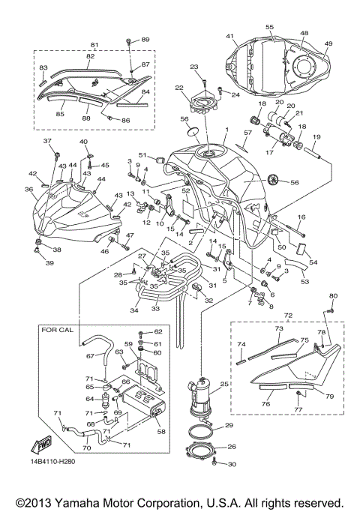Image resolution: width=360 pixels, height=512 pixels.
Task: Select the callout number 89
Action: click(145, 39)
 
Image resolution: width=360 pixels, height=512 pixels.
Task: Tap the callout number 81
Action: click(94, 44)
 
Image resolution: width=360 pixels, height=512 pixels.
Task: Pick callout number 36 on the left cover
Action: click(28, 190)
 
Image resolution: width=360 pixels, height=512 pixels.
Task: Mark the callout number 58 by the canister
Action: click(162, 433)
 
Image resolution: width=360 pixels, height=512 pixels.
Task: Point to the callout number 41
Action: click(230, 36)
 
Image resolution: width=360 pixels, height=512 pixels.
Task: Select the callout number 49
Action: click(327, 43)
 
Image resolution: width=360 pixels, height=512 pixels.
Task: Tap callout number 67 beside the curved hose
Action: click(90, 356)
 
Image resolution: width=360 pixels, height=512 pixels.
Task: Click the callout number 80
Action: click(334, 295)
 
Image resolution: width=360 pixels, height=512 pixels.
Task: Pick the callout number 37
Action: click(46, 141)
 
